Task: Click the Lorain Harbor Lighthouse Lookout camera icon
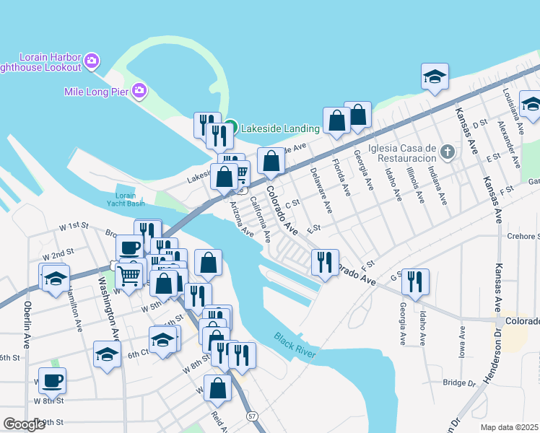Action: (92, 60)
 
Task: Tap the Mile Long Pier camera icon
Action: (139, 92)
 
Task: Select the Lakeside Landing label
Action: (280, 128)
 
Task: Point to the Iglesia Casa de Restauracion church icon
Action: (448, 152)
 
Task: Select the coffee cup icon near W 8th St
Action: (53, 380)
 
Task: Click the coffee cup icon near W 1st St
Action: (130, 248)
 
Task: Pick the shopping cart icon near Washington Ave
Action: (129, 275)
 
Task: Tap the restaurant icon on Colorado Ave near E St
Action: (325, 261)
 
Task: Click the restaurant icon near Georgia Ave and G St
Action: (415, 281)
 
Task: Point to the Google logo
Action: (25, 424)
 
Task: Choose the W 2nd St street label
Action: (58, 254)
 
